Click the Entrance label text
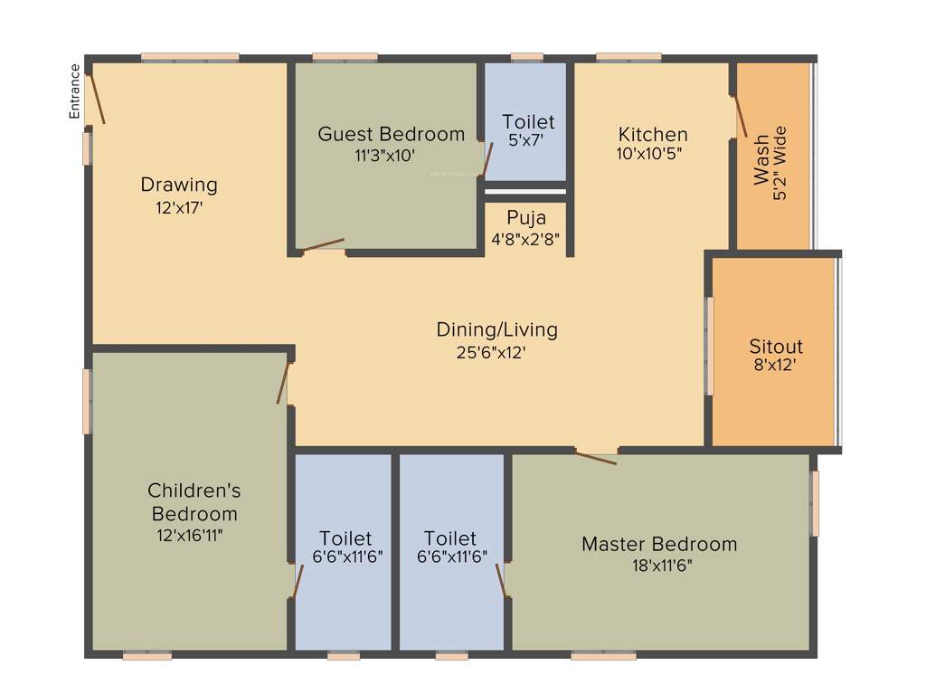point(75,90)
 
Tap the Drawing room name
point(179,185)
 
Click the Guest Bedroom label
point(391,134)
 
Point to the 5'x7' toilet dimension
point(527,140)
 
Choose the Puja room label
point(525,218)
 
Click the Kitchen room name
point(653,134)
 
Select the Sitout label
point(776,347)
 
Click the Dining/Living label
point(496,329)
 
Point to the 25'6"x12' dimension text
point(491,353)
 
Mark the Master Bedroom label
point(658,544)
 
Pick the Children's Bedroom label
point(194,502)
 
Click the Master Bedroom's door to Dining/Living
point(596,457)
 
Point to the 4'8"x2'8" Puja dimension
point(525,241)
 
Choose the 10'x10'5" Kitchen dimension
point(648,154)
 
